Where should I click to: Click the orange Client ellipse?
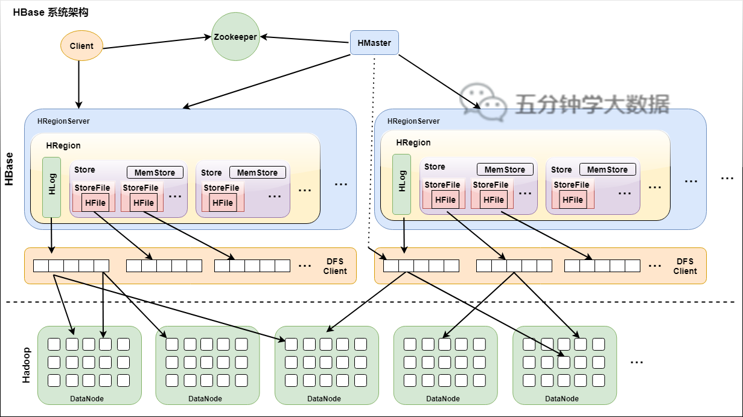(x=81, y=46)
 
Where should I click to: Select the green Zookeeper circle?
(x=235, y=36)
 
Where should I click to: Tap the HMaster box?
(x=374, y=43)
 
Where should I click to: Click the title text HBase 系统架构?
(x=51, y=13)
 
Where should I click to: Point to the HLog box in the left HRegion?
(x=52, y=188)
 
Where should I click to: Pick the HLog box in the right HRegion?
(x=402, y=185)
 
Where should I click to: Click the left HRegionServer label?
(x=63, y=121)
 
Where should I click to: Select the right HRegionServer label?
(x=413, y=121)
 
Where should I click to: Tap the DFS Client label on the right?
(x=685, y=266)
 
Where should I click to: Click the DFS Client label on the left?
(x=335, y=266)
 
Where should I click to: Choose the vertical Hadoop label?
(x=26, y=365)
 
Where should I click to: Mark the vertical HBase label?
(x=9, y=169)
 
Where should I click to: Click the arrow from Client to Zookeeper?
(x=157, y=42)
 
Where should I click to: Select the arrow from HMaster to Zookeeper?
(x=304, y=39)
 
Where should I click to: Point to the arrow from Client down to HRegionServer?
(x=78, y=84)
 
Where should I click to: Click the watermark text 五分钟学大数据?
(x=593, y=104)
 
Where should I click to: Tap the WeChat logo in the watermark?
(x=483, y=101)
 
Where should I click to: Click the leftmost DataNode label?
(x=87, y=399)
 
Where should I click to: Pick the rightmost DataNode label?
(x=562, y=399)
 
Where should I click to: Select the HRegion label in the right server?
(x=413, y=142)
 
